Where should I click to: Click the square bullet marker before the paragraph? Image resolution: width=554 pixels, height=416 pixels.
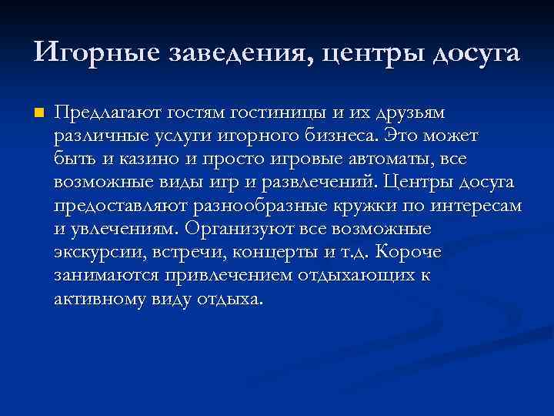(39, 113)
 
